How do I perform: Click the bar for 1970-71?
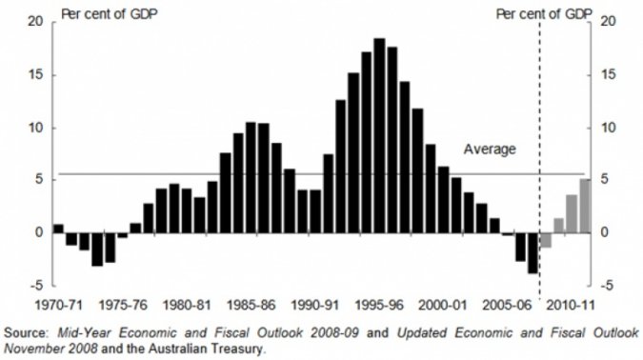point(58,229)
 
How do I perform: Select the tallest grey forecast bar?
point(585,206)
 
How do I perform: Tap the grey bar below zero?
point(546,240)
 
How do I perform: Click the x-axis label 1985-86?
point(252,307)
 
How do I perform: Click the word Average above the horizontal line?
point(490,149)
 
